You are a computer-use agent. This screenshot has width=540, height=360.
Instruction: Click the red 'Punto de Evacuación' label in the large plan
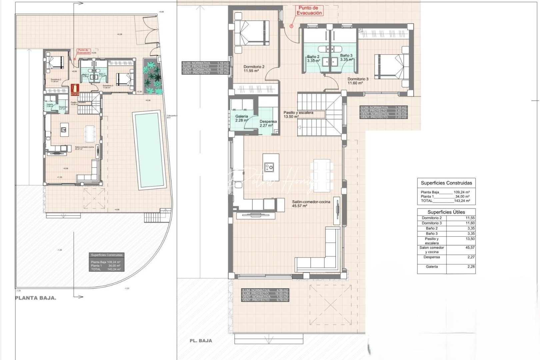click(310, 10)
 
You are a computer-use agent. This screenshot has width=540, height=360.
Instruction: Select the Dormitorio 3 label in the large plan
click(358, 81)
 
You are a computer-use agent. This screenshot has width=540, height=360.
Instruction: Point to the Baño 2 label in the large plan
click(313, 58)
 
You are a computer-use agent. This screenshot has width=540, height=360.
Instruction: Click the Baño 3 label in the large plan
click(346, 57)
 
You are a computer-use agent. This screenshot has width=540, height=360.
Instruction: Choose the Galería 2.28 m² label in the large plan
click(242, 118)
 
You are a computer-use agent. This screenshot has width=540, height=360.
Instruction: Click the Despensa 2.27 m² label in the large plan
click(268, 124)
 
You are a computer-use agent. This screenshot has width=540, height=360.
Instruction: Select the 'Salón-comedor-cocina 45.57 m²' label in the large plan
click(311, 204)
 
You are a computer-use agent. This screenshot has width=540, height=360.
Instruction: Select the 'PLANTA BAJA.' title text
click(36, 298)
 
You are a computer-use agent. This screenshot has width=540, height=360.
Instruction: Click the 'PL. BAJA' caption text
click(201, 340)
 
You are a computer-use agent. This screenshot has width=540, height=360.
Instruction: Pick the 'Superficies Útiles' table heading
click(446, 212)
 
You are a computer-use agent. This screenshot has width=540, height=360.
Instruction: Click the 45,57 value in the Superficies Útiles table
click(470, 248)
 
